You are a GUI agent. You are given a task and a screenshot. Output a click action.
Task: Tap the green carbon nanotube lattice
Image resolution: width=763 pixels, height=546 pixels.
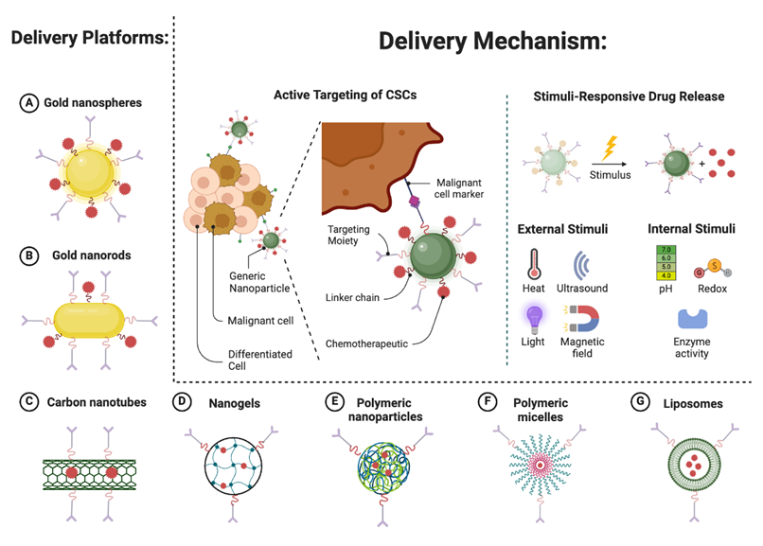click(x=89, y=470)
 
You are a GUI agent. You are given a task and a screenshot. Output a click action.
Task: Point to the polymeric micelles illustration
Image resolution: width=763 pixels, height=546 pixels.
click(x=534, y=466)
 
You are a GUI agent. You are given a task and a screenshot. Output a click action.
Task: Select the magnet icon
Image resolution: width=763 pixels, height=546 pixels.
click(x=579, y=319)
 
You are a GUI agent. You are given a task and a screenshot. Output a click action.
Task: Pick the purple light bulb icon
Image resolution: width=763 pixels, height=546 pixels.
click(x=535, y=317)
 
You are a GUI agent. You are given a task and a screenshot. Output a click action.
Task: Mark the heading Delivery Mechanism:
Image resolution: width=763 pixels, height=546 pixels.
click(x=491, y=42)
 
